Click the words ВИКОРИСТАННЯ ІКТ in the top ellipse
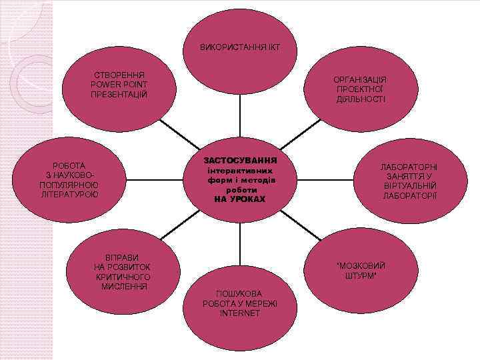(239, 49)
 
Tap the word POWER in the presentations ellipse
(107, 84)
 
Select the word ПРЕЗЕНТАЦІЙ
(119, 94)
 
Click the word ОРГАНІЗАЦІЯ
(360, 79)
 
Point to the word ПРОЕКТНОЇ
(360, 89)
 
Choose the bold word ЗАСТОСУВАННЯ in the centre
(240, 161)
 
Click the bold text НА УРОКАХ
(240, 199)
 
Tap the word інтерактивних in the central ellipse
(240, 171)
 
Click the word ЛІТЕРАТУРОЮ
(69, 194)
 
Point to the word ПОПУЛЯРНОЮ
(69, 185)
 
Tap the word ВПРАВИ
(123, 258)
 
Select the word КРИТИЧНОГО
(123, 277)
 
